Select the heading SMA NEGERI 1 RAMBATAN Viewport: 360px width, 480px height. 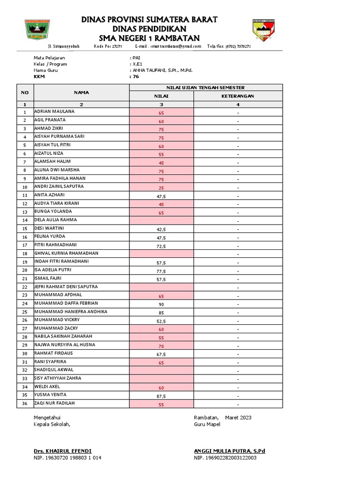click(x=149, y=38)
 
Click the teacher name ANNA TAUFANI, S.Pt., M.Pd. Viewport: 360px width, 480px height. click(x=162, y=70)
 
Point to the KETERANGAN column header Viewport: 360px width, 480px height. click(x=238, y=96)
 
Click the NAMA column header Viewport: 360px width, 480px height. click(x=81, y=92)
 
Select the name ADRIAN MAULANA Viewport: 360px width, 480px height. click(x=54, y=112)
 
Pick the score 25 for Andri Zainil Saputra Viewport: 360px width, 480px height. click(x=161, y=187)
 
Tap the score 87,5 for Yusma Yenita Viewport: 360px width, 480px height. click(x=161, y=396)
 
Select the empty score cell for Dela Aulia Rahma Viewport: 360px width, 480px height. click(x=161, y=220)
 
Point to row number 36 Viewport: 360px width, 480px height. click(x=25, y=404)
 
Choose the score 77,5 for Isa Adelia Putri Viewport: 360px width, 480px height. click(x=161, y=271)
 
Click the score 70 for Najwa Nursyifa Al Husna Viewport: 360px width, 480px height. click(x=161, y=346)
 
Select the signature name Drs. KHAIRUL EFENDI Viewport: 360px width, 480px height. click(x=62, y=451)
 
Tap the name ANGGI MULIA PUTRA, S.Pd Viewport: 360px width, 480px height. click(x=229, y=451)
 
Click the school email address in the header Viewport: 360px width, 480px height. click(x=168, y=46)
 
